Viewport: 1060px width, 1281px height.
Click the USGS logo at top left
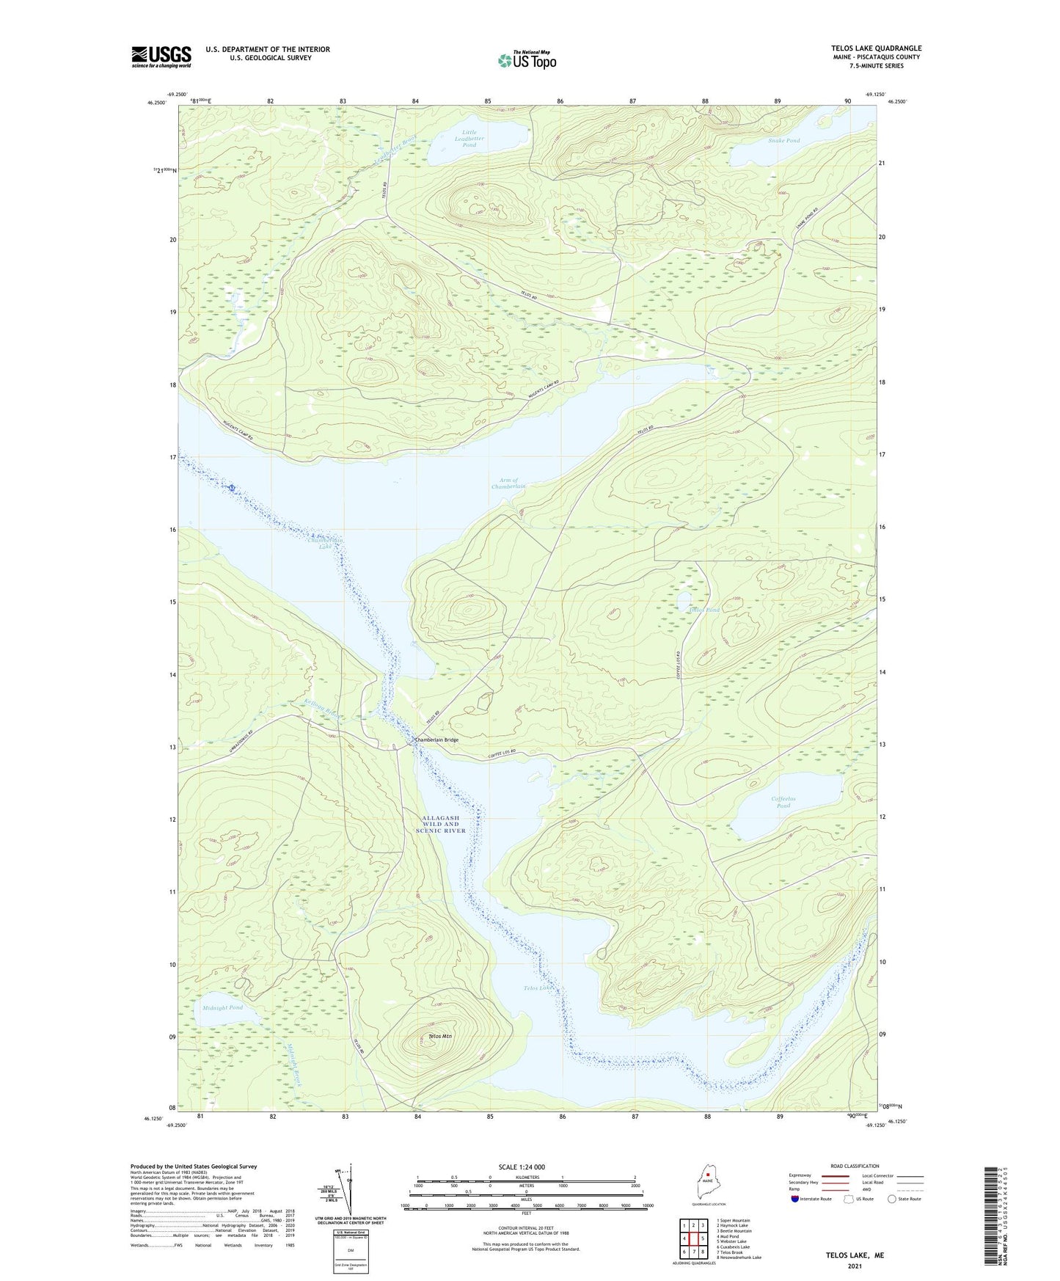[161, 56]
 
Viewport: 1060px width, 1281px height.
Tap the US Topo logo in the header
[527, 60]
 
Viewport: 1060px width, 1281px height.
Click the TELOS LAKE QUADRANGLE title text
[876, 48]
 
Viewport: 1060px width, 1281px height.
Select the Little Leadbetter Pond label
[469, 139]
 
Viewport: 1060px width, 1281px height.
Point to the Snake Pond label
[783, 140]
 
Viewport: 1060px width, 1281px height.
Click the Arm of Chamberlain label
[508, 483]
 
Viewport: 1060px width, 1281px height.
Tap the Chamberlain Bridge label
[436, 740]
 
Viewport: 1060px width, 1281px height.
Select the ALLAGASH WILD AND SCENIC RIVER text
[441, 824]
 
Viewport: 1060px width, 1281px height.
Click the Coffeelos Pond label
[783, 802]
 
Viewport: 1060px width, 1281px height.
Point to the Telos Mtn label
[440, 1036]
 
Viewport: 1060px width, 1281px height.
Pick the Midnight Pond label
[222, 1007]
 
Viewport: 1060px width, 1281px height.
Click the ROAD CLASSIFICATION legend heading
[855, 1166]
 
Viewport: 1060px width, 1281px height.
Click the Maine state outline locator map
[707, 1183]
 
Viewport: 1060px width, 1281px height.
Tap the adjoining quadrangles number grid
[693, 1239]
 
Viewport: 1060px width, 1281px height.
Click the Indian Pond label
[703, 610]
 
